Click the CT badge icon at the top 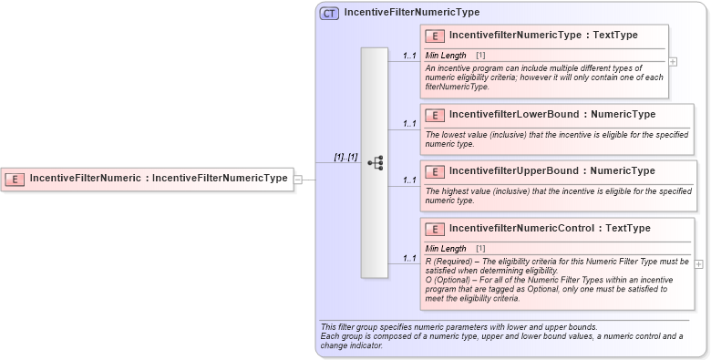[x=329, y=14]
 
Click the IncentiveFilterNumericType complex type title [x=411, y=13]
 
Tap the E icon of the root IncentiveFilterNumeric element [x=15, y=179]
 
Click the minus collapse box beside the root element [x=298, y=180]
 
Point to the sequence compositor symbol [x=375, y=163]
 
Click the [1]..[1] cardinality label [x=345, y=157]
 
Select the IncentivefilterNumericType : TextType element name [x=543, y=35]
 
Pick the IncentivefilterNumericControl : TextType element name [x=550, y=228]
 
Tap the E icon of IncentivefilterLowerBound [x=436, y=115]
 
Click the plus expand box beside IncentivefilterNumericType [x=673, y=62]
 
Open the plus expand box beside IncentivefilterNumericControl [x=699, y=263]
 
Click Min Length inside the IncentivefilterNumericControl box [x=446, y=249]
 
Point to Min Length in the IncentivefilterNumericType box [x=446, y=56]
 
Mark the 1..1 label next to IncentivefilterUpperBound [x=409, y=180]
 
